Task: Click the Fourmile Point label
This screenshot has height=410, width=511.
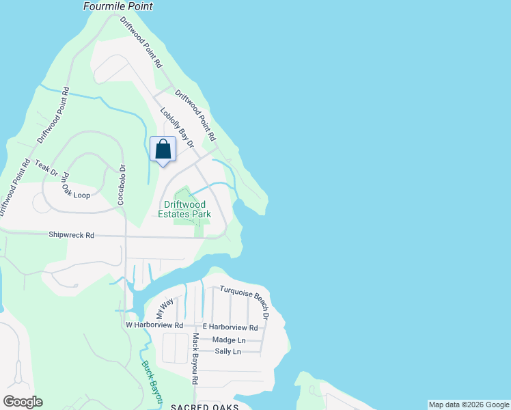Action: click(x=118, y=6)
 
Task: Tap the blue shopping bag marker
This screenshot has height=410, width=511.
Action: click(x=163, y=150)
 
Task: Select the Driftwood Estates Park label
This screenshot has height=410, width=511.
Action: click(x=187, y=209)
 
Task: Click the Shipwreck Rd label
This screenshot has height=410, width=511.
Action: click(x=71, y=235)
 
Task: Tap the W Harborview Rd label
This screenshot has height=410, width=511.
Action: click(x=155, y=325)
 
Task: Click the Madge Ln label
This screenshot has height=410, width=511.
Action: click(x=229, y=340)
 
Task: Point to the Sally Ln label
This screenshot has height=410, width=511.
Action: click(x=227, y=351)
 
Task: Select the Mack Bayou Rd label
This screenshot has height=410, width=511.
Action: click(x=195, y=358)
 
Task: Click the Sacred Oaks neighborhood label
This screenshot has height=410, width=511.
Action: click(x=204, y=407)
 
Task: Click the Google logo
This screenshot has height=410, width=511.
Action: click(x=23, y=402)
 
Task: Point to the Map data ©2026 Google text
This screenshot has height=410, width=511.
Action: click(x=469, y=405)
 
